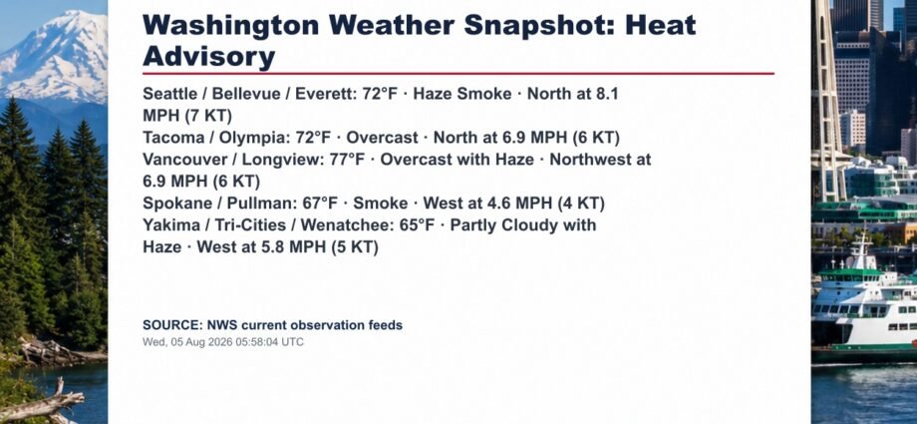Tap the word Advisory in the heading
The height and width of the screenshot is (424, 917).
tap(208, 57)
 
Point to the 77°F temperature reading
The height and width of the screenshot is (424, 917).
tap(348, 160)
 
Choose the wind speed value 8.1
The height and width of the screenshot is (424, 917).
tap(605, 94)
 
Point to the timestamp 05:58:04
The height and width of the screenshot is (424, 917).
tap(257, 342)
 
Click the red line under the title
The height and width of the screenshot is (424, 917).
tap(458, 74)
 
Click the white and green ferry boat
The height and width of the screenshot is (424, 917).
tap(864, 304)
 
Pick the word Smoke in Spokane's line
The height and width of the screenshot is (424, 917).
tap(380, 204)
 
